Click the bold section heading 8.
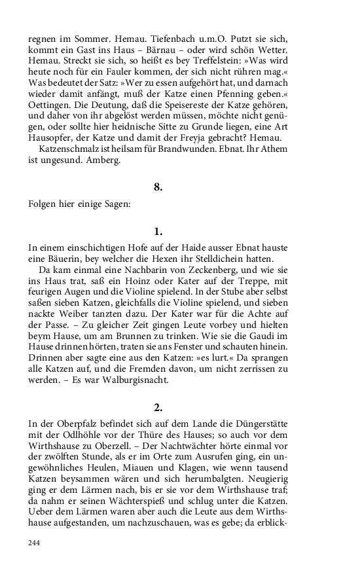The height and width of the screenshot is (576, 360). (158, 187)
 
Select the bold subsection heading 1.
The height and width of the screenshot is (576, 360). (158, 231)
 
